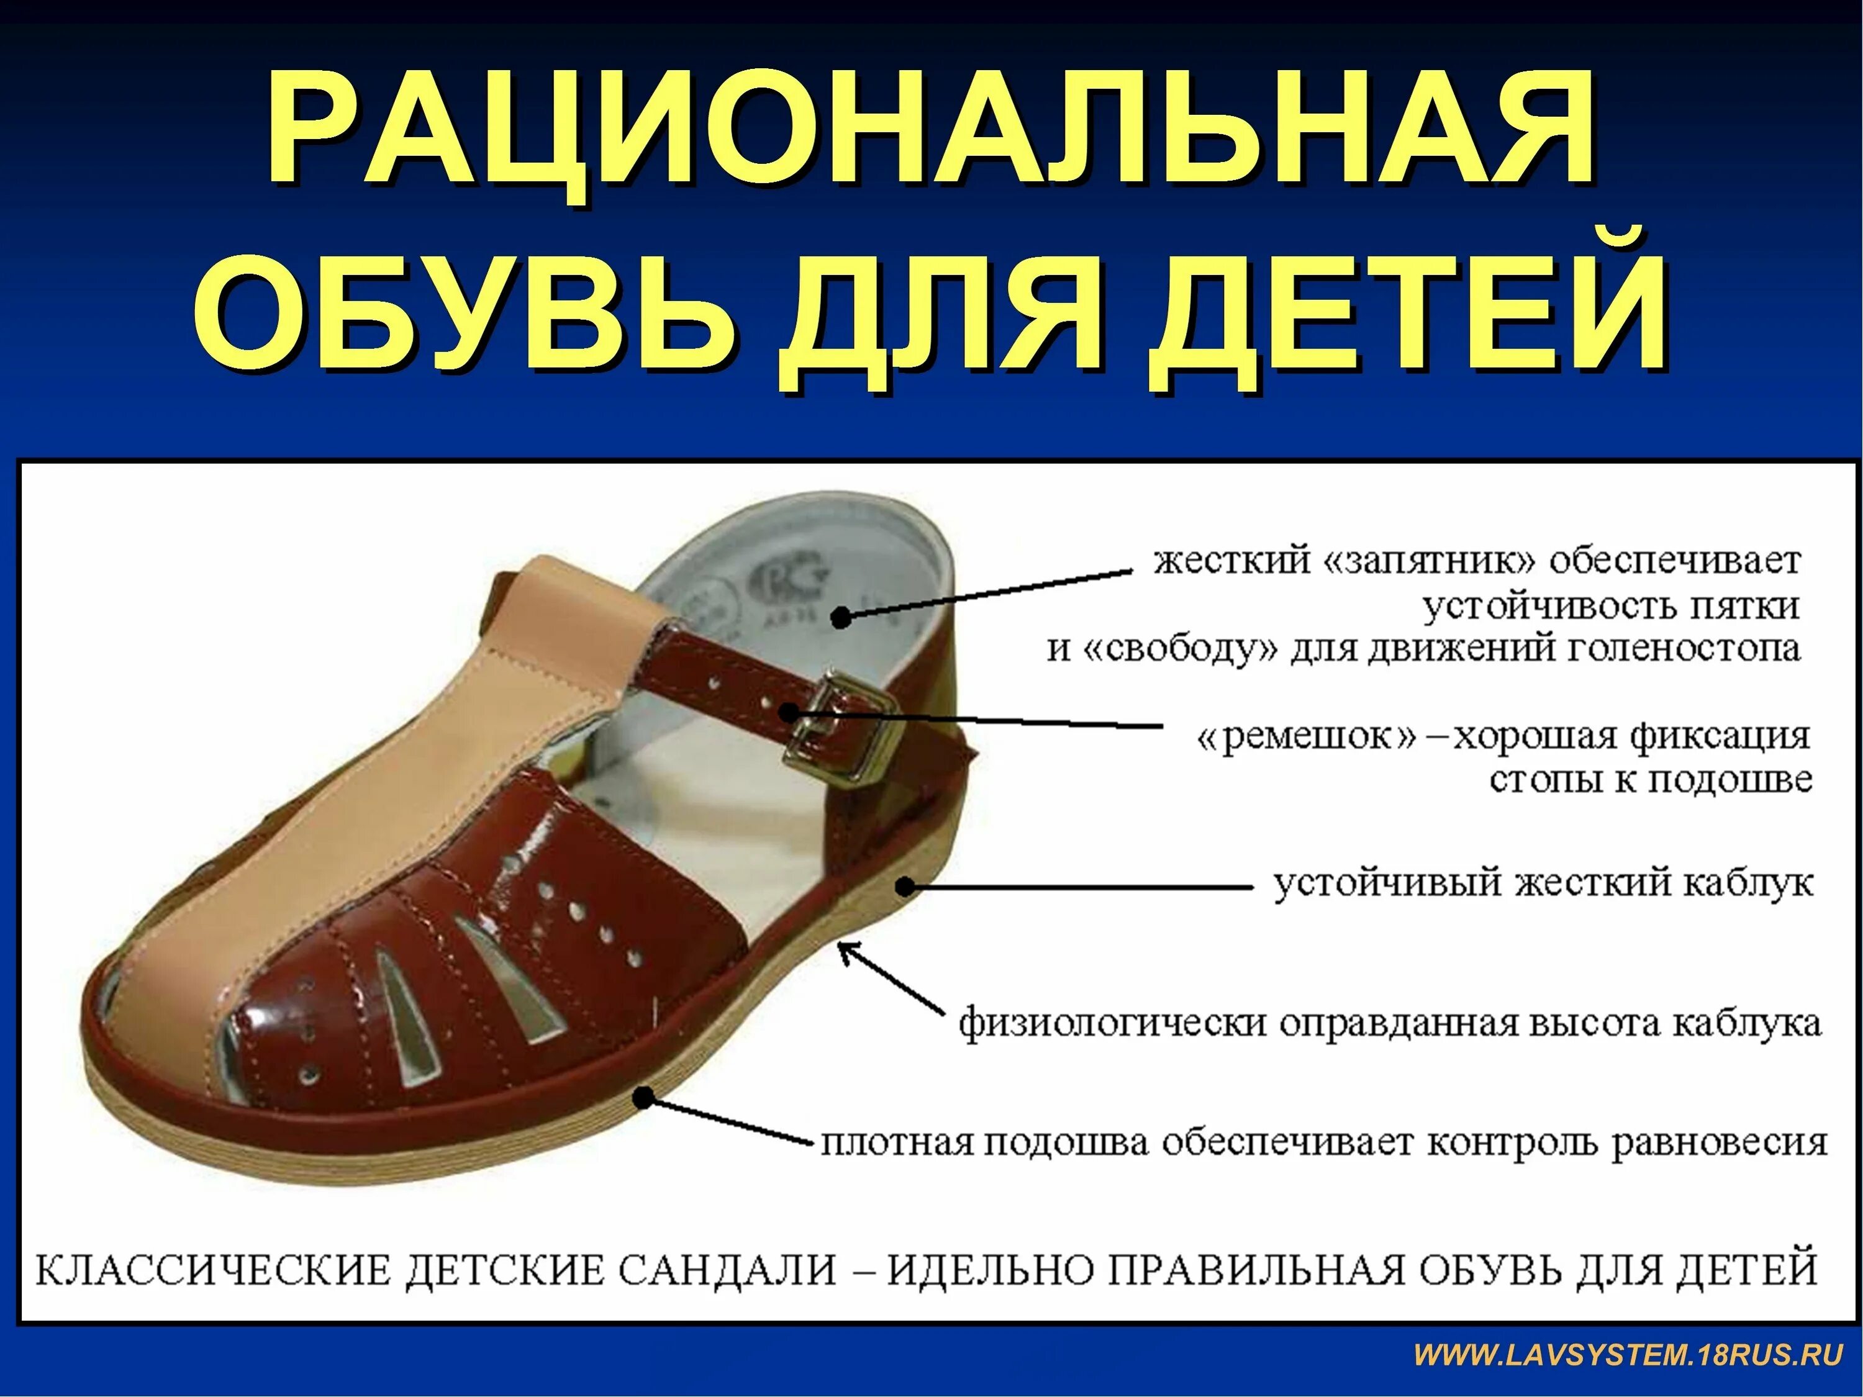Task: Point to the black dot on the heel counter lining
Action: tap(841, 617)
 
